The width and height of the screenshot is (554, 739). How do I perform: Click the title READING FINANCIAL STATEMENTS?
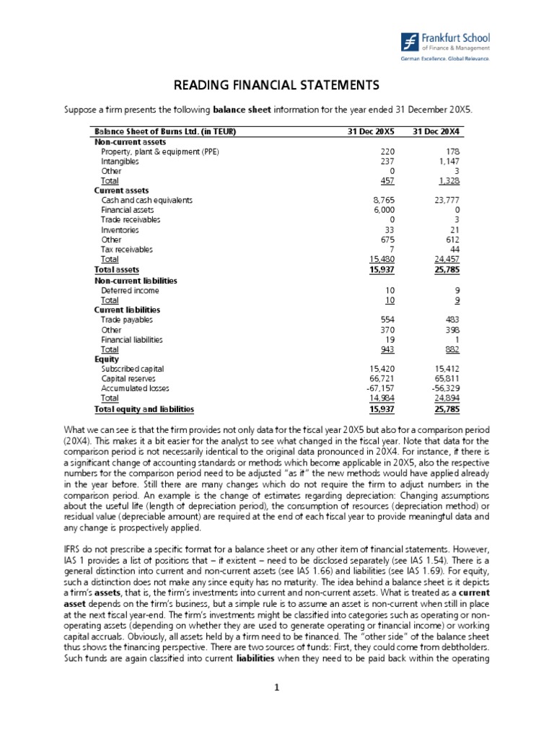[x=277, y=86]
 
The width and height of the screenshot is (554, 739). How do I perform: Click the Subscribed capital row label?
[x=133, y=369]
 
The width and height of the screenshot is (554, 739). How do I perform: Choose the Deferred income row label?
[x=130, y=290]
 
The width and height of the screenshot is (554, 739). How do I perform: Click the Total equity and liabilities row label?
[x=144, y=409]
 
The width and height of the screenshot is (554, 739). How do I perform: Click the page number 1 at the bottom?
[x=277, y=707]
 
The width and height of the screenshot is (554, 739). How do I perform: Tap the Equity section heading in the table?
[x=106, y=359]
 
